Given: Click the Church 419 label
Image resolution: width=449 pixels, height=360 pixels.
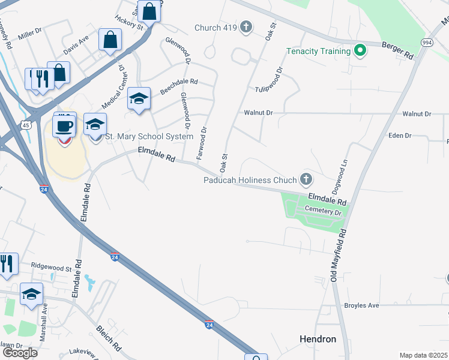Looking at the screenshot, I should point(215,27).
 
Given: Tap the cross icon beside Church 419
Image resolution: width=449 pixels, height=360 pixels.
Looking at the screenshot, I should point(246,27).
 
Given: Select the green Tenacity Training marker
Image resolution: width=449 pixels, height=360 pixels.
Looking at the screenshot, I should point(360,51).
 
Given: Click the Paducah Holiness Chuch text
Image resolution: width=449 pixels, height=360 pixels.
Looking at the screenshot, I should point(250,179).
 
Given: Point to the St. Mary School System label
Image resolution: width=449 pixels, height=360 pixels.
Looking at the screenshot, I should point(149,137).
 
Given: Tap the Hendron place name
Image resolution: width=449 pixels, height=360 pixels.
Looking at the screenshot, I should point(318,339).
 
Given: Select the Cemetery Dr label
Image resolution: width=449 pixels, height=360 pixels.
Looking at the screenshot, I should point(323,212).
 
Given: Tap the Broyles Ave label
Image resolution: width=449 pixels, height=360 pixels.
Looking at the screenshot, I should point(361,305).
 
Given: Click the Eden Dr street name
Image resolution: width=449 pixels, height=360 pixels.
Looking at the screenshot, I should point(400,136).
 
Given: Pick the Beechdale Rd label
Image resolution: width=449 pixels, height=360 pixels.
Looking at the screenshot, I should point(178,86).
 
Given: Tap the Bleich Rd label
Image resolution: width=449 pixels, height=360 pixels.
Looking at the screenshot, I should point(109,338).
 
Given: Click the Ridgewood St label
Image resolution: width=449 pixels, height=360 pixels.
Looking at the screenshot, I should point(51,266).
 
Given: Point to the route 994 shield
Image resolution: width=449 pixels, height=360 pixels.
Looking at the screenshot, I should point(427,43).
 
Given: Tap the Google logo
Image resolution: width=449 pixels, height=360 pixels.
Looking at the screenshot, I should point(19,353).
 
